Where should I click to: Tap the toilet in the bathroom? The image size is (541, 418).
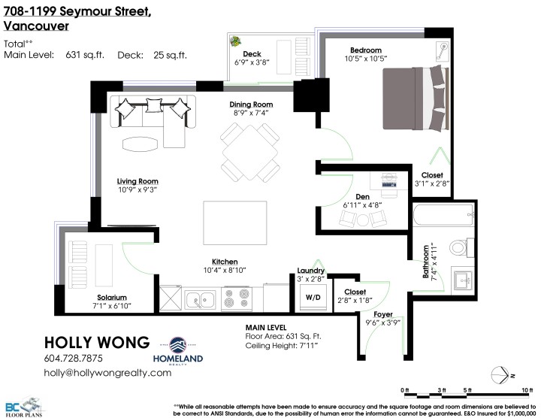coord(456,248)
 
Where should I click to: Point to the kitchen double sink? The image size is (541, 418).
coord(200,301)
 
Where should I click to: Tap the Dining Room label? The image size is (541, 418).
coord(250,104)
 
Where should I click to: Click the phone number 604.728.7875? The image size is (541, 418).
coord(74,358)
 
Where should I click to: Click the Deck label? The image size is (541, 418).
coord(252,53)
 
